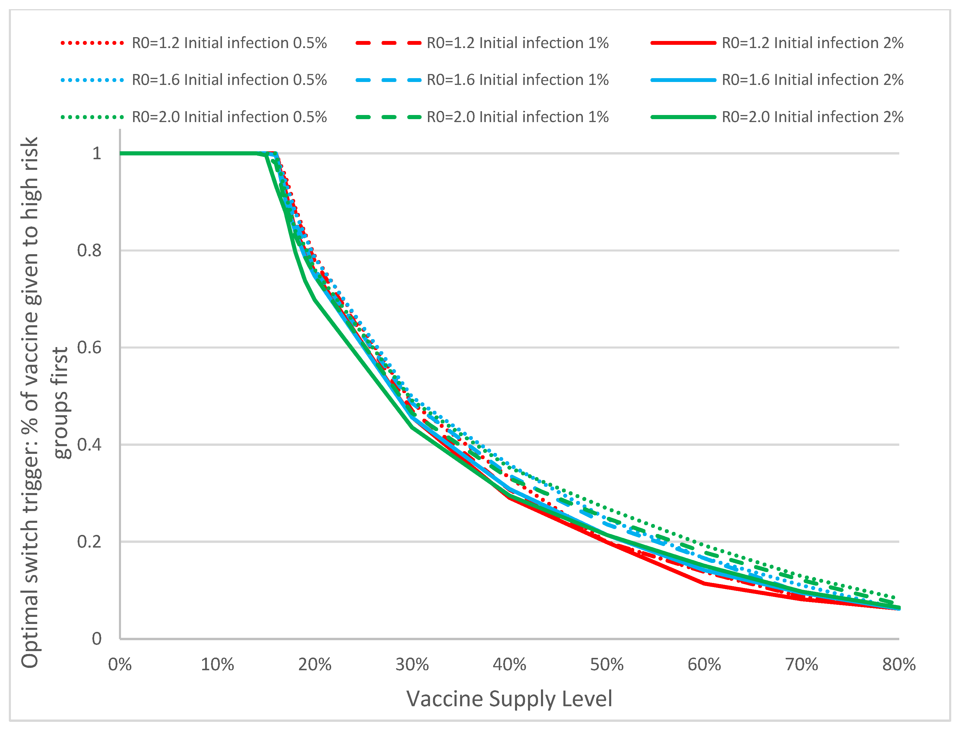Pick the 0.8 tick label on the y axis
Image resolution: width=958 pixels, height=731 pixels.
coord(89,251)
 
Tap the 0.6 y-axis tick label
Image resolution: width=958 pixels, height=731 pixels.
coord(89,348)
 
